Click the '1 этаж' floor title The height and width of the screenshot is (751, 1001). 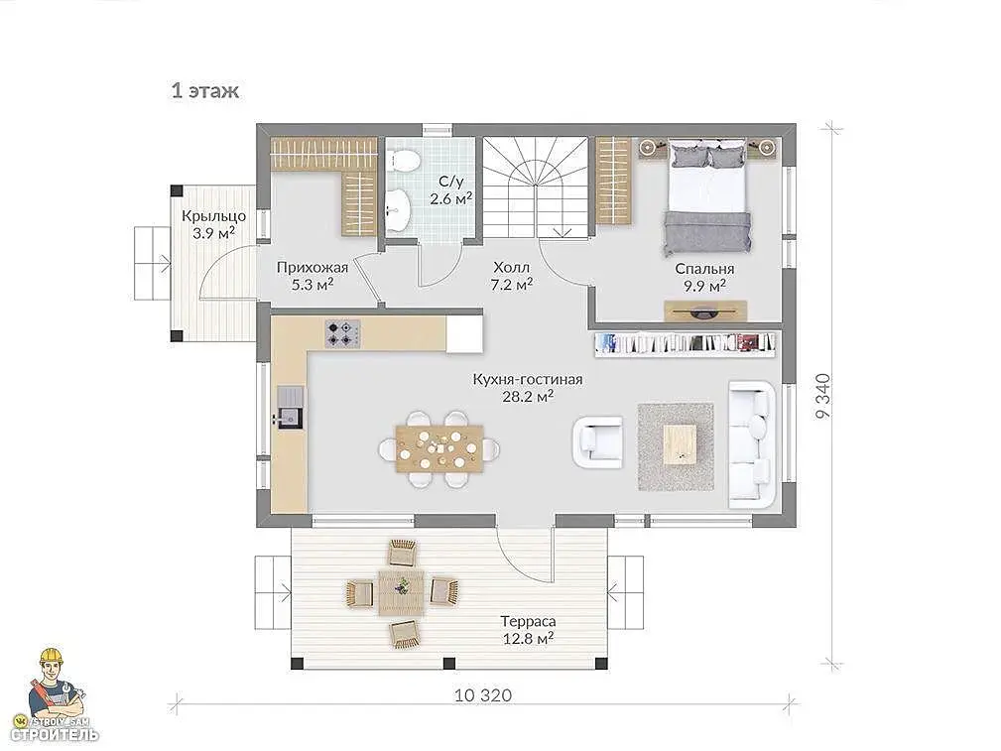[205, 90]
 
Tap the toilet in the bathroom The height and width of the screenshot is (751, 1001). [405, 161]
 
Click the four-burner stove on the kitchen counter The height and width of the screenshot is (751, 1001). [343, 333]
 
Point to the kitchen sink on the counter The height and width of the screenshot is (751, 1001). [291, 407]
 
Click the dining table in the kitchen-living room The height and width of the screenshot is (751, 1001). [439, 449]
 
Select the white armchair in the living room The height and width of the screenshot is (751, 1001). [598, 441]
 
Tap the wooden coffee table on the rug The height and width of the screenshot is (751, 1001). [680, 444]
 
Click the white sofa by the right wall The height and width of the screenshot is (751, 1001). [752, 444]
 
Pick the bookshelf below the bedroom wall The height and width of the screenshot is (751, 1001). [686, 344]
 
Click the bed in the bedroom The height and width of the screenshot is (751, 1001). [707, 198]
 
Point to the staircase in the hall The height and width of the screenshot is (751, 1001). [535, 188]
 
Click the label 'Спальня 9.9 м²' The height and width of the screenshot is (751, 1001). [704, 277]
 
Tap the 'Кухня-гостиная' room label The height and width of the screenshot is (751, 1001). [528, 379]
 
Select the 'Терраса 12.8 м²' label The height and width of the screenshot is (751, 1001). [528, 630]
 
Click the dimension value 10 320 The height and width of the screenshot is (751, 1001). [483, 694]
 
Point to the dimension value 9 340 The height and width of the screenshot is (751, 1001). [823, 396]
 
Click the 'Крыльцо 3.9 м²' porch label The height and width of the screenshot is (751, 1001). [214, 223]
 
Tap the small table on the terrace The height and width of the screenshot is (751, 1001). [401, 592]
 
